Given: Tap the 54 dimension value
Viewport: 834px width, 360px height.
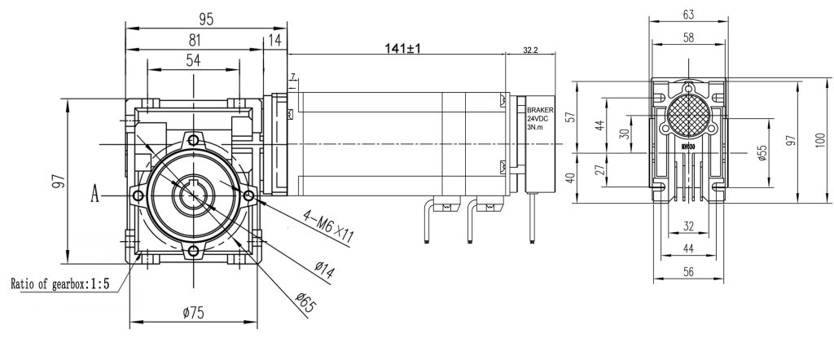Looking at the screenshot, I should [x=193, y=61].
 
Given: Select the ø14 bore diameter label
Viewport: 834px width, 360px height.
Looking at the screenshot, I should [x=319, y=268].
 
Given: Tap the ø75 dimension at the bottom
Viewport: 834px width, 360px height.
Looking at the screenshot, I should [x=193, y=312].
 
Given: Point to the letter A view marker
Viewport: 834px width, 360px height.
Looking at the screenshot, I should [x=95, y=195].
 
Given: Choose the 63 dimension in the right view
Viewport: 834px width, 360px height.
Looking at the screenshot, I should [x=688, y=14].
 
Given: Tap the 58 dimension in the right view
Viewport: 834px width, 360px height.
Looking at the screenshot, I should [x=688, y=38].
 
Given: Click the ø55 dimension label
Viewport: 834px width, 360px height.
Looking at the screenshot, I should [x=762, y=152].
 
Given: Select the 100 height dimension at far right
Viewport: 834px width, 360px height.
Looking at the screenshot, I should [x=819, y=141].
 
